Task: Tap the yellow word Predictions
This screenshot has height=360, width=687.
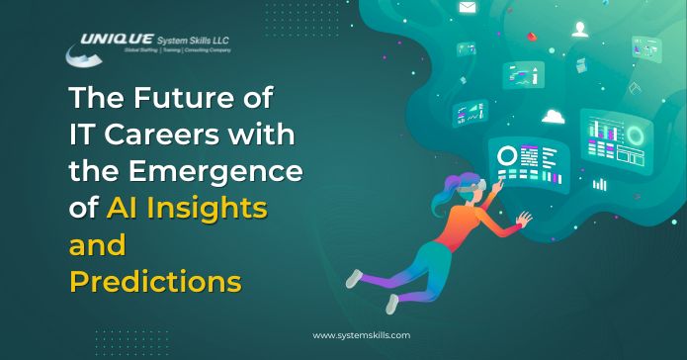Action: pos(155,281)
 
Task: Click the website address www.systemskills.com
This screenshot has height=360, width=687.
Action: pos(361,335)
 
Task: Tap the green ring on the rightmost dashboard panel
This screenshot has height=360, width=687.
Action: pos(634,135)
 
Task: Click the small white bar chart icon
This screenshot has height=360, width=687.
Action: pos(599,183)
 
